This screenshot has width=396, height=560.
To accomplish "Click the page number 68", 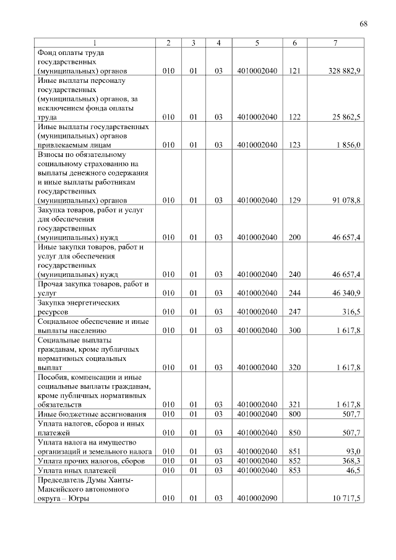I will point(363,23).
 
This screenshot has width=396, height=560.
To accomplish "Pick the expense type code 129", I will point(295,200).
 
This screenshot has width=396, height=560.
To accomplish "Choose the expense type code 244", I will point(295,292).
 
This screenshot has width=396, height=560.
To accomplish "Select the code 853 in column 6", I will point(295,471).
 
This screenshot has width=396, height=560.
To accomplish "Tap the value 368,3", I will point(351,461).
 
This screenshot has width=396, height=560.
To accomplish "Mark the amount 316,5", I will point(351,312).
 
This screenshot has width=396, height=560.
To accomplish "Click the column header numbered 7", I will point(335,43).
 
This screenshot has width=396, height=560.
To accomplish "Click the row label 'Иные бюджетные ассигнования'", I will point(92,414).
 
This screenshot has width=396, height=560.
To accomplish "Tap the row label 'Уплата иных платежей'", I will point(77,471).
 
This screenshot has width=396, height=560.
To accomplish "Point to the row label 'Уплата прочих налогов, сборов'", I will point(91,461).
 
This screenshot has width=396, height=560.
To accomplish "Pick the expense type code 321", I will point(295,404).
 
